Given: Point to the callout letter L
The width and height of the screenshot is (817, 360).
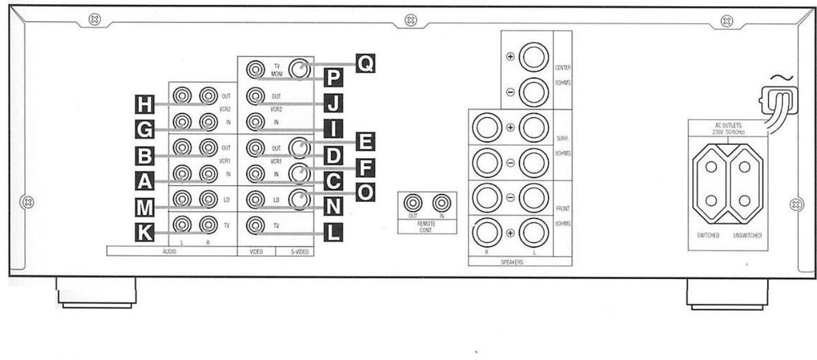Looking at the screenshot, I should tap(332, 233).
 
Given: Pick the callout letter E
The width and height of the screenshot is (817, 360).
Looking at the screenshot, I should tap(365, 142).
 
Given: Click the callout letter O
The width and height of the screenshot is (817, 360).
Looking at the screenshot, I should tap(365, 193).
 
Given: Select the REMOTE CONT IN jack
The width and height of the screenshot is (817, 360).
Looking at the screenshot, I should tap(442, 203).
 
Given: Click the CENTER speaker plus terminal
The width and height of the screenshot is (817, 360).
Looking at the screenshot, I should tap(534, 57).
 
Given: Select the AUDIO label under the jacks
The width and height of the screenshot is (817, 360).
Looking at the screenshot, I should tap(171, 251).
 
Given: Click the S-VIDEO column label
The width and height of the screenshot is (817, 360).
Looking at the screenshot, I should tap(295, 251).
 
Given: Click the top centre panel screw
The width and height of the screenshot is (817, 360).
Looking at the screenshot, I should tap(411, 20).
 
